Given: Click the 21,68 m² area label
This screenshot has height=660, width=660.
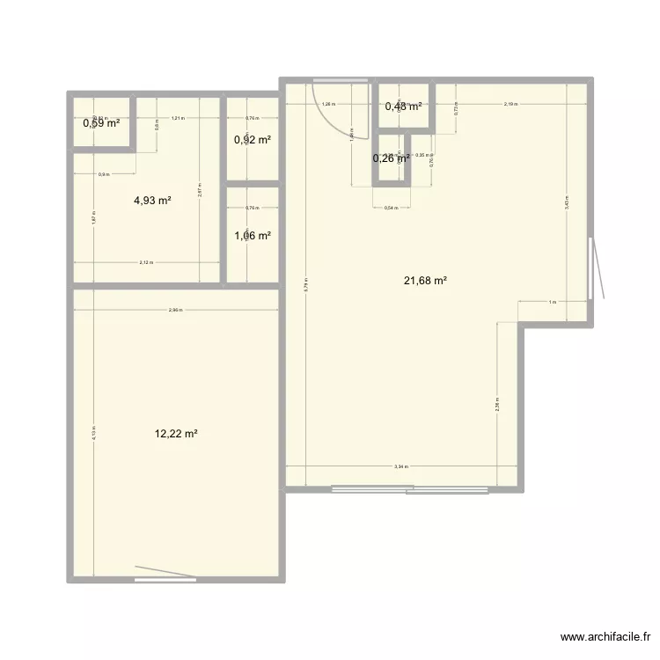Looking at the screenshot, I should (426, 281).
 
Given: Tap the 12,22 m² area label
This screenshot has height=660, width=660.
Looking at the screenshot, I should (176, 434).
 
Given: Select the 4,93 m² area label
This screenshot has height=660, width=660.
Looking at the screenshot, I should (152, 201).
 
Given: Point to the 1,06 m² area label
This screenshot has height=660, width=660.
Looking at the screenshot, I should (252, 235).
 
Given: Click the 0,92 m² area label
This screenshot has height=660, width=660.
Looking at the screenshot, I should (252, 139).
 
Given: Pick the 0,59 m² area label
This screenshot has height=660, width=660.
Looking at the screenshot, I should (100, 123).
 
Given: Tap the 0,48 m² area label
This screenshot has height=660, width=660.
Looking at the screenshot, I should (403, 106).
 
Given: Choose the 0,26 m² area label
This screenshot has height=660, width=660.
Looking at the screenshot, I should (391, 158).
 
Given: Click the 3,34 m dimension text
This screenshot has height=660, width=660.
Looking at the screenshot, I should (401, 467).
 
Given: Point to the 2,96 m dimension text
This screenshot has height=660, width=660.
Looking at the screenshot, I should (176, 311).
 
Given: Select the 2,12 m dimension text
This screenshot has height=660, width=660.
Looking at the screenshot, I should (146, 262).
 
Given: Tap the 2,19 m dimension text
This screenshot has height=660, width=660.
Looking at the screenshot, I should (510, 104).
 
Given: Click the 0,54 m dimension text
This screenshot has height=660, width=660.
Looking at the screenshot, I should (391, 209).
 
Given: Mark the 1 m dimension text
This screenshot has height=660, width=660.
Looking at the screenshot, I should (552, 303).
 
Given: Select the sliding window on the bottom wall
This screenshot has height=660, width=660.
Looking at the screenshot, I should (410, 488).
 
